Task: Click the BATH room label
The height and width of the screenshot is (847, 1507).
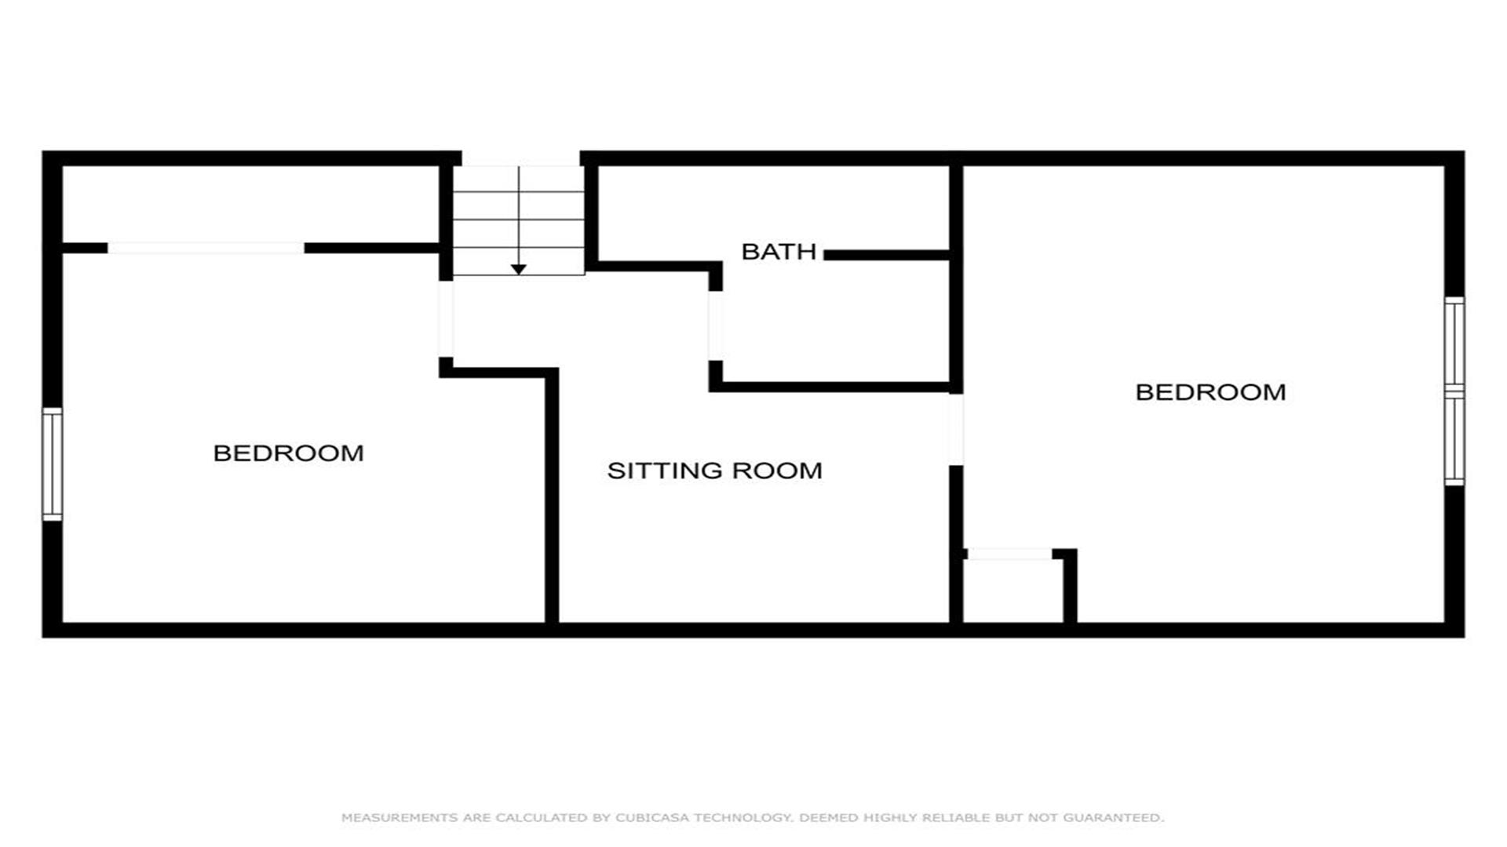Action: (x=779, y=252)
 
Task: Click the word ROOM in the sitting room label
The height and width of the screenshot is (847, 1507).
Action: (x=777, y=471)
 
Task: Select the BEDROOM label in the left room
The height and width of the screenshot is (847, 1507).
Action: (x=288, y=453)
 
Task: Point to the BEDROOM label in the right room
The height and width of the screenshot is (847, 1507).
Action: (x=1210, y=392)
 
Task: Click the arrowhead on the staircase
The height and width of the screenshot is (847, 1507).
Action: (x=518, y=269)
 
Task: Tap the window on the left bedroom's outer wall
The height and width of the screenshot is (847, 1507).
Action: (x=52, y=463)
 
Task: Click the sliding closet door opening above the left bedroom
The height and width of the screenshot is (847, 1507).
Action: (x=206, y=248)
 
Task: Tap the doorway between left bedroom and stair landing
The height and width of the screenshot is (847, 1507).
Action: (x=446, y=319)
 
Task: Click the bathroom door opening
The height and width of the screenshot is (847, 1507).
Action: (x=715, y=325)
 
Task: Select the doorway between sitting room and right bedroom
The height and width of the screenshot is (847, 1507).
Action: (x=956, y=429)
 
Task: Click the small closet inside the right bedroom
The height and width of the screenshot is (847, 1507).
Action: (x=1013, y=591)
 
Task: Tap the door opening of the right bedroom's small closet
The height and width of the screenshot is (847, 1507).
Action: (x=1009, y=554)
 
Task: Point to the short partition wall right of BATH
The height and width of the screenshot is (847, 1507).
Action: (x=887, y=255)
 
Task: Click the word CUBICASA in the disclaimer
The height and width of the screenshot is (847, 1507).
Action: (x=653, y=817)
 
